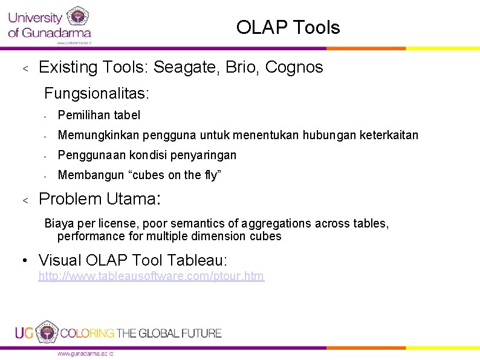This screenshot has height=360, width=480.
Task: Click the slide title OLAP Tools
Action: click(x=288, y=27)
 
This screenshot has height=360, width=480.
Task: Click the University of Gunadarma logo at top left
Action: click(x=50, y=24)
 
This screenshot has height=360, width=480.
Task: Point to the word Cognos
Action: click(x=296, y=67)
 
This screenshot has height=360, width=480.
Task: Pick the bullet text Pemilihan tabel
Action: click(x=99, y=115)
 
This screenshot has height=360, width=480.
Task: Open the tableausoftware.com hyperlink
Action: click(x=151, y=277)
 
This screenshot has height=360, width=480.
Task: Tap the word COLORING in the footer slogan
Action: click(x=88, y=333)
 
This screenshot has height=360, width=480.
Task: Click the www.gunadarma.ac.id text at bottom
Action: click(x=85, y=353)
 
